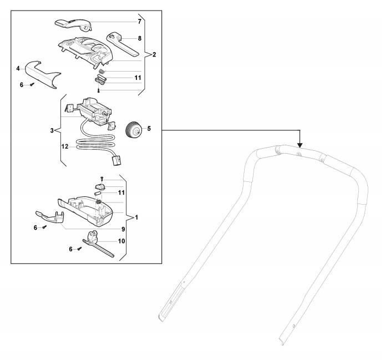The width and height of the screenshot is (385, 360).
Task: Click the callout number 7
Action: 140,21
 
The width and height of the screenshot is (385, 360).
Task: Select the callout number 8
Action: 140,38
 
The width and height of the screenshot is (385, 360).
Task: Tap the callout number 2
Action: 154,54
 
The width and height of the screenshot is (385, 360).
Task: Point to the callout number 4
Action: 18,68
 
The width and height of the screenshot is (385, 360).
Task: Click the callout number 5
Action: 149,129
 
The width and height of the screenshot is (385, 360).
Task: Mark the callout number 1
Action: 136,216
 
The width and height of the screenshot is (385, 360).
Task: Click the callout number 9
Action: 123,229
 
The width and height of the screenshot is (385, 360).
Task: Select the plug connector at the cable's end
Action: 116,161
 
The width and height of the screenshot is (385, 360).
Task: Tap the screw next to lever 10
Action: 80,249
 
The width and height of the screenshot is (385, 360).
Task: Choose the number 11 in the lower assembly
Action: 121,192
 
